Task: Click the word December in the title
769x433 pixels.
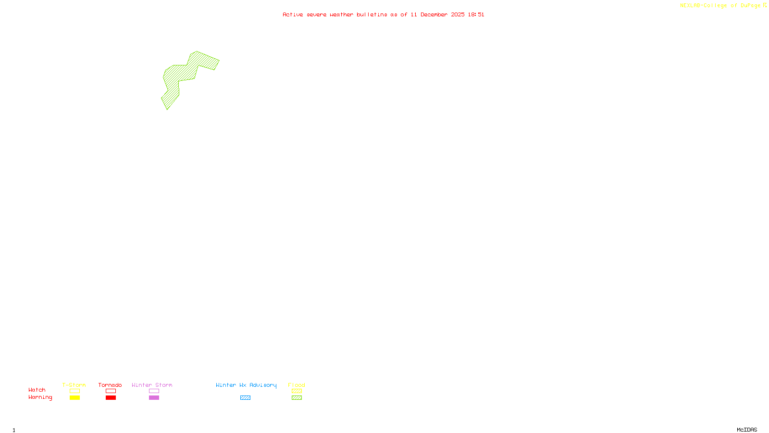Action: coord(434,15)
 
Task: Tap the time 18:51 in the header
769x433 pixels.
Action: coord(476,15)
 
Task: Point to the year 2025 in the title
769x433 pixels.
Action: coord(458,15)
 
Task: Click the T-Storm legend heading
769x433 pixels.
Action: coord(74,385)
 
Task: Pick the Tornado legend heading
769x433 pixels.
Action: coord(110,385)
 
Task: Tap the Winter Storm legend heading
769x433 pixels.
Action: coord(152,385)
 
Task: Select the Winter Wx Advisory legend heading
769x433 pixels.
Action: coord(246,385)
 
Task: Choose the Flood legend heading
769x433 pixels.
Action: coord(297,385)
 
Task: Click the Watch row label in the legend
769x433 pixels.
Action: coord(37,390)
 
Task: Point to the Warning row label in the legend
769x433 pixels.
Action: coord(40,397)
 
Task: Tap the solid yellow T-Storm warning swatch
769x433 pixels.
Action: coord(74,398)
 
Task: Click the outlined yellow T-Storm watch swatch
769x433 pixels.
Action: coord(74,391)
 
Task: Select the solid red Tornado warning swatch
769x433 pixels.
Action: coord(111,398)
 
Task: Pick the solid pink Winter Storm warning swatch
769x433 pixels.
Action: coord(154,398)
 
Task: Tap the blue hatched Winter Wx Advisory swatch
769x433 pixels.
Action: coord(245,398)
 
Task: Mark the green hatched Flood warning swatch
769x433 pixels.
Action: coord(297,398)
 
